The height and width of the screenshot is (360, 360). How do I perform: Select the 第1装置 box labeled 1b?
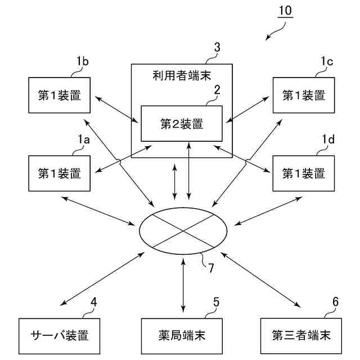click(60, 96)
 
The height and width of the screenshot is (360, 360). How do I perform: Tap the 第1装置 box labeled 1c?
click(303, 96)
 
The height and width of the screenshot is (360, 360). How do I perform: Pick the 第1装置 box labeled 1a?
click(60, 173)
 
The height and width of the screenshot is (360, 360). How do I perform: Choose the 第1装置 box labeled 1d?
click(303, 173)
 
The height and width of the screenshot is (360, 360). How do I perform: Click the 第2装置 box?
click(182, 123)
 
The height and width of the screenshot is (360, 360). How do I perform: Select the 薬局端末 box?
click(181, 336)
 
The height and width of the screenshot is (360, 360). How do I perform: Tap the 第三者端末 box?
click(301, 336)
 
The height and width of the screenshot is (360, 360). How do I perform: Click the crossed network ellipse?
click(183, 230)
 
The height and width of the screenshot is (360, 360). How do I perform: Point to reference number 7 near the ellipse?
click(210, 268)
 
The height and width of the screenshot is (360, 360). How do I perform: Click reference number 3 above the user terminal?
click(217, 47)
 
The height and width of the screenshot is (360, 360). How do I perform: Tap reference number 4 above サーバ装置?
click(94, 301)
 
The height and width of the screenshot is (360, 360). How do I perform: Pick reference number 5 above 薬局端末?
click(216, 301)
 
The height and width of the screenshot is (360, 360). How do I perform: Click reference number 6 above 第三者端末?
click(335, 301)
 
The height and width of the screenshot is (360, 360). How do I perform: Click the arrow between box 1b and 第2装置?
click(115, 109)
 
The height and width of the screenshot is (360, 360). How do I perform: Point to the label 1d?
click(328, 139)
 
